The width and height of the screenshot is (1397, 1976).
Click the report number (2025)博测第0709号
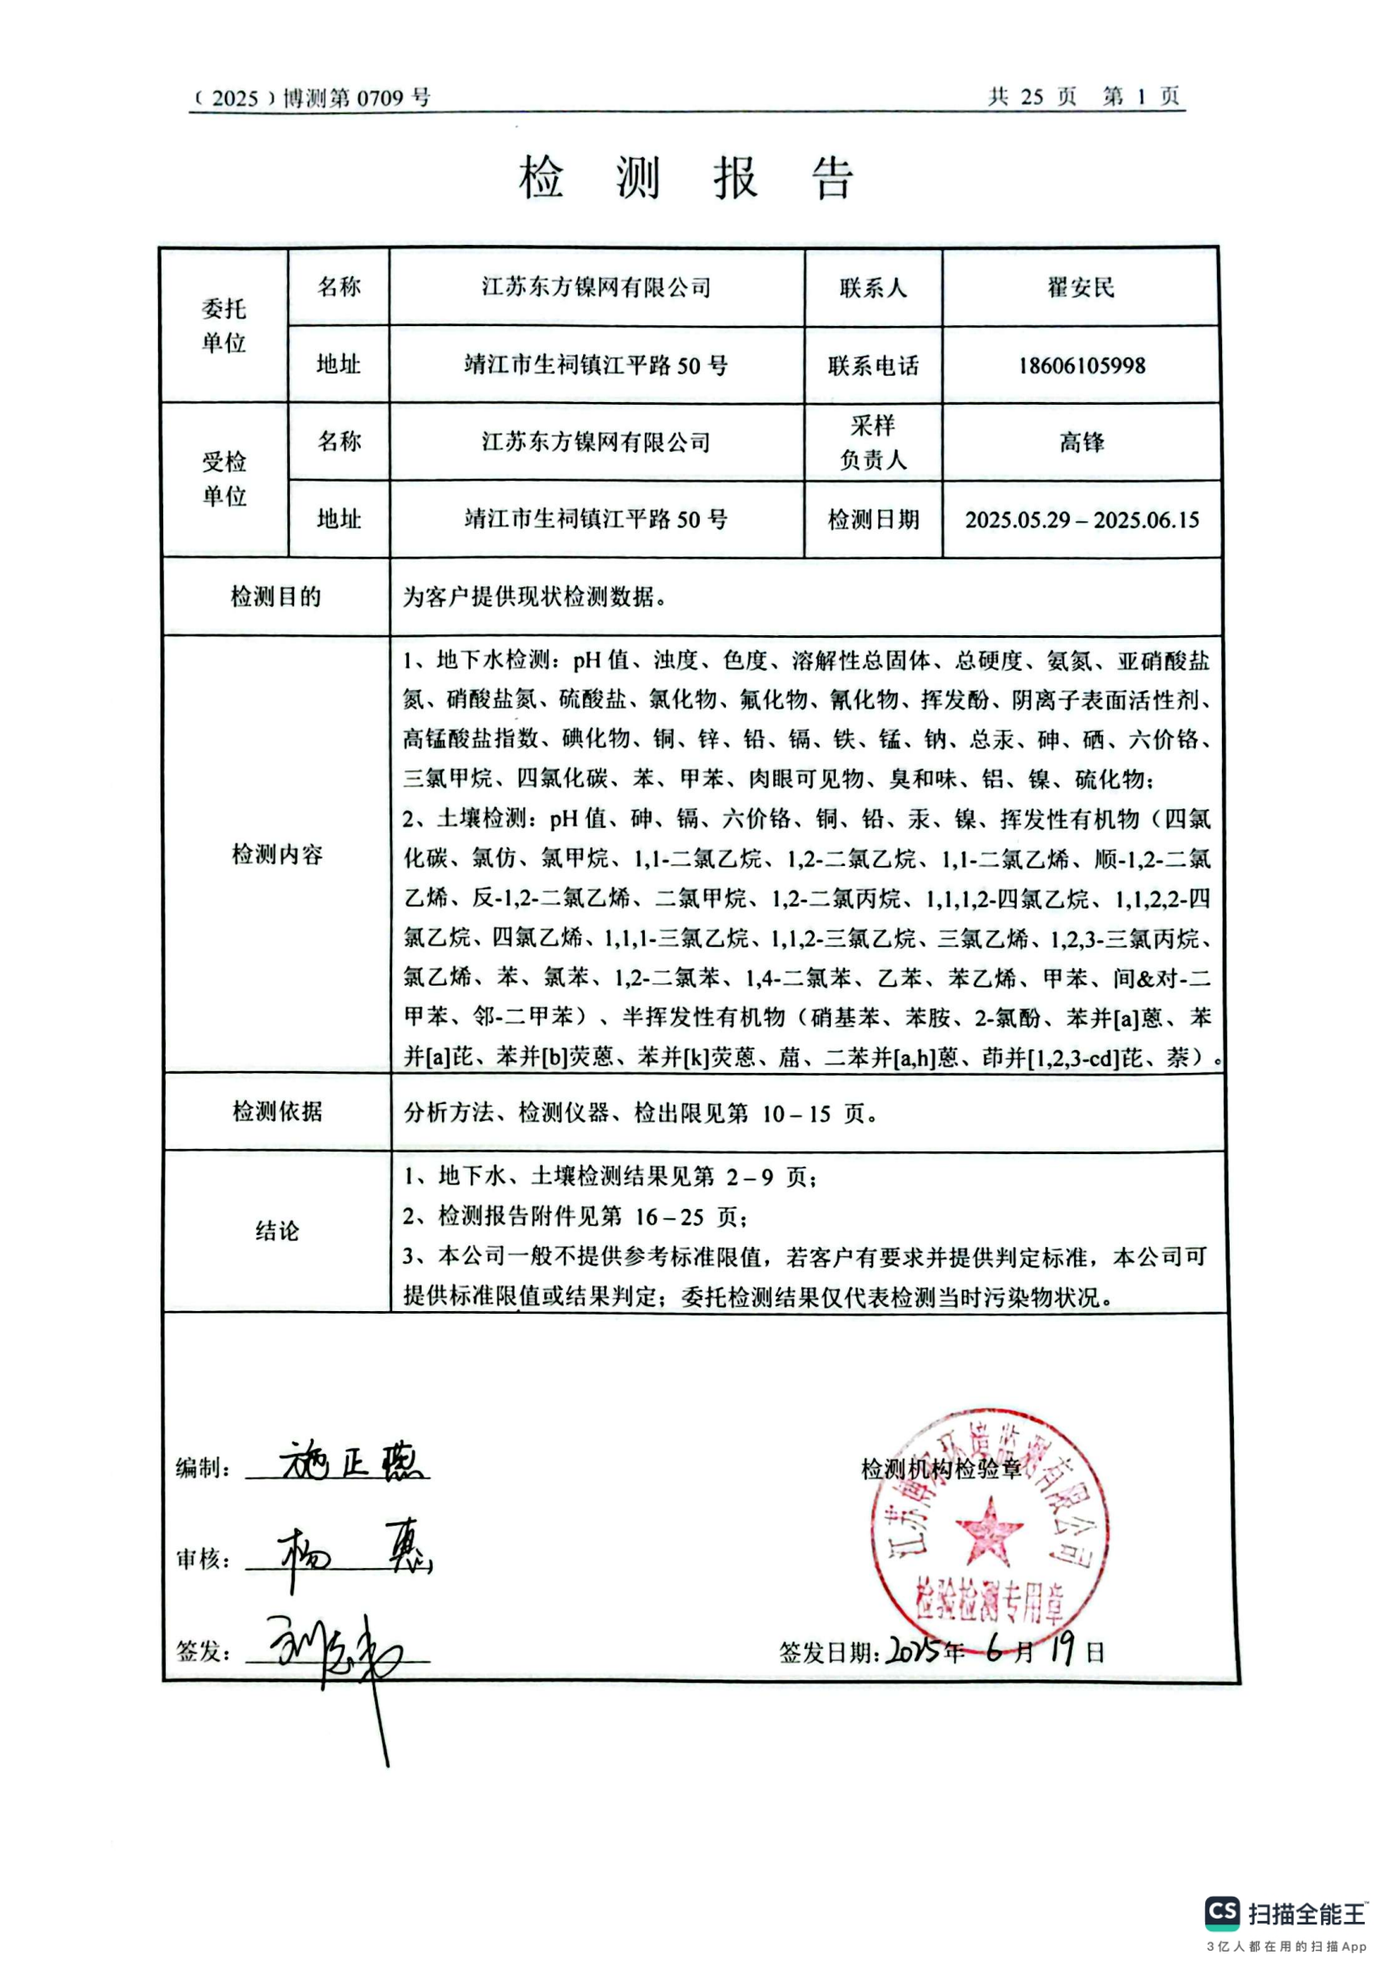point(311,97)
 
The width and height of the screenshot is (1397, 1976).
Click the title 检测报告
point(686,178)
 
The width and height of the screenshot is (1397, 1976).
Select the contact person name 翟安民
point(1080,287)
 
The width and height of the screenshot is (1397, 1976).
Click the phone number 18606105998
point(1081,365)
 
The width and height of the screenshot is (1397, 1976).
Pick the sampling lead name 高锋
point(1081,443)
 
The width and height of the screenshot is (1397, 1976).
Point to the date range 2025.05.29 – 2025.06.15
point(1081,520)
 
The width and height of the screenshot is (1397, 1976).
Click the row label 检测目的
point(276,596)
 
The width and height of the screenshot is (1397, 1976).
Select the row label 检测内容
point(276,854)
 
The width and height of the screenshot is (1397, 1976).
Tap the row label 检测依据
point(276,1111)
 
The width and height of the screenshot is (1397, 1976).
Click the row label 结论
point(276,1231)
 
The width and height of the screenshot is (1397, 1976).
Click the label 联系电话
point(873,366)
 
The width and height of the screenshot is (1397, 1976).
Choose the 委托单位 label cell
point(224,325)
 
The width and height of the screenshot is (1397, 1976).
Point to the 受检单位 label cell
point(224,479)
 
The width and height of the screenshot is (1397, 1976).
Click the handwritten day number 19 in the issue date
point(1062,1649)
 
